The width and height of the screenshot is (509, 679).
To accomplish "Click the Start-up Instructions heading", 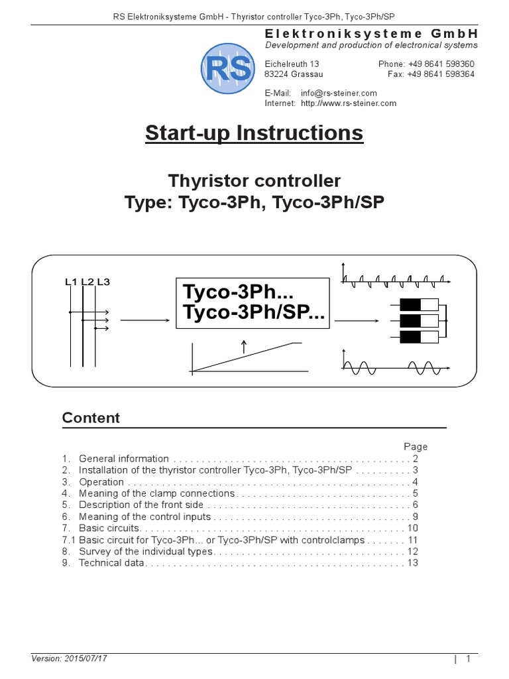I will pyautogui.click(x=254, y=133).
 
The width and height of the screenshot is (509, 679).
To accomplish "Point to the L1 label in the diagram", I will pyautogui.click(x=72, y=282).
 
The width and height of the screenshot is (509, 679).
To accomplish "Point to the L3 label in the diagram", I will pyautogui.click(x=103, y=282).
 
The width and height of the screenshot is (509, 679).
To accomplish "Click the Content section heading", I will pyautogui.click(x=91, y=418).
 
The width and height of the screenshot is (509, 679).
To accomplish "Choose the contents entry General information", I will pyautogui.click(x=124, y=458).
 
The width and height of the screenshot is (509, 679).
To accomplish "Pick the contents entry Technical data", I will pyautogui.click(x=111, y=563).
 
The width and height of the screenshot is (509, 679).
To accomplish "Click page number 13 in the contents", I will pyautogui.click(x=413, y=563).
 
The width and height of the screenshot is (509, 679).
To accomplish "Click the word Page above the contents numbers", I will pyautogui.click(x=416, y=446).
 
